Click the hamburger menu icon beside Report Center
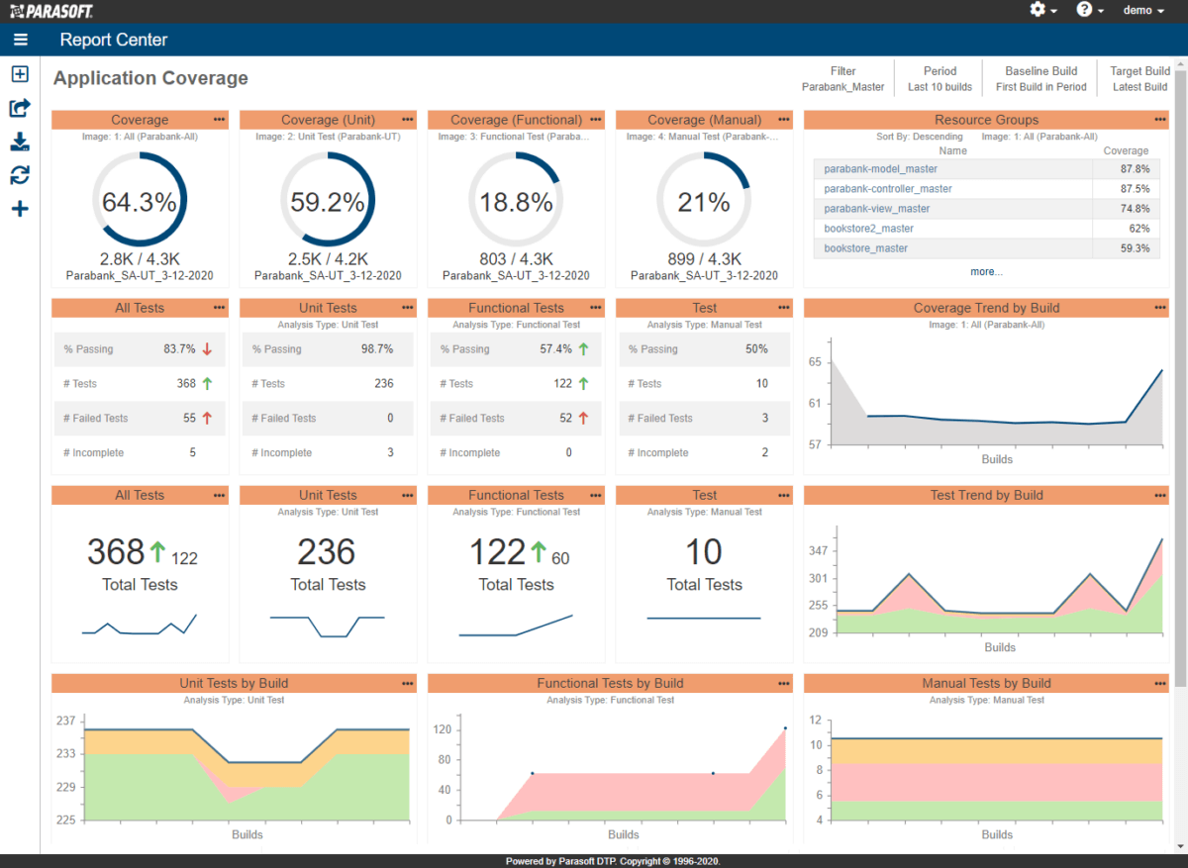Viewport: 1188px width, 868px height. click(21, 41)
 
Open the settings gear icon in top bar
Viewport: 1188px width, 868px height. click(1038, 10)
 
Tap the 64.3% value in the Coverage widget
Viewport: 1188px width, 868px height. click(140, 203)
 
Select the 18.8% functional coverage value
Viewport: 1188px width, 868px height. click(516, 203)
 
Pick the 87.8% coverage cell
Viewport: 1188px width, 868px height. click(1134, 169)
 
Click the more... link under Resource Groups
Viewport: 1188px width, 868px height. click(986, 271)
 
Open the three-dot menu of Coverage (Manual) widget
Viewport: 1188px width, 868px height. click(784, 120)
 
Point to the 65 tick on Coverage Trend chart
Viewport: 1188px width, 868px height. click(815, 362)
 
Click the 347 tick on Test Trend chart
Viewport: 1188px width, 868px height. click(818, 551)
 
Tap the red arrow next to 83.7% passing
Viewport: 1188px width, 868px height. click(207, 349)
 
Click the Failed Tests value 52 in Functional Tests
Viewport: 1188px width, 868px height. click(565, 419)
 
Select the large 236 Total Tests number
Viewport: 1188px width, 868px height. click(327, 552)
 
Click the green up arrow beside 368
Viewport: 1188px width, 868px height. click(157, 551)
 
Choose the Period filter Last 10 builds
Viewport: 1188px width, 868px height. click(940, 87)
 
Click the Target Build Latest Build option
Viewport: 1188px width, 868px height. click(1139, 87)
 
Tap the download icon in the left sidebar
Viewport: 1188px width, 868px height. click(20, 142)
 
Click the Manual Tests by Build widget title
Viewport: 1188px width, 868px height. click(986, 684)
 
